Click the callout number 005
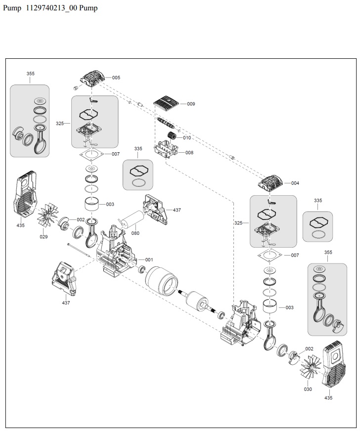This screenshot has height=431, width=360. (116, 78)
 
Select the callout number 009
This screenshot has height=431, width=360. (191, 104)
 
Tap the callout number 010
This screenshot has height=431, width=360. (187, 138)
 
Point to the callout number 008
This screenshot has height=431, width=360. (189, 153)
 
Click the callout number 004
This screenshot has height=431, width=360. (295, 183)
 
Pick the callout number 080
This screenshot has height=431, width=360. (135, 233)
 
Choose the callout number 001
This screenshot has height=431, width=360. (149, 259)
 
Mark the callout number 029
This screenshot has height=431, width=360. (44, 237)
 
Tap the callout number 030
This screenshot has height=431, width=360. (308, 389)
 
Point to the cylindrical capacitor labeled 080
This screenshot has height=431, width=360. (131, 219)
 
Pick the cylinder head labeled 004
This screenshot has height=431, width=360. (271, 184)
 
